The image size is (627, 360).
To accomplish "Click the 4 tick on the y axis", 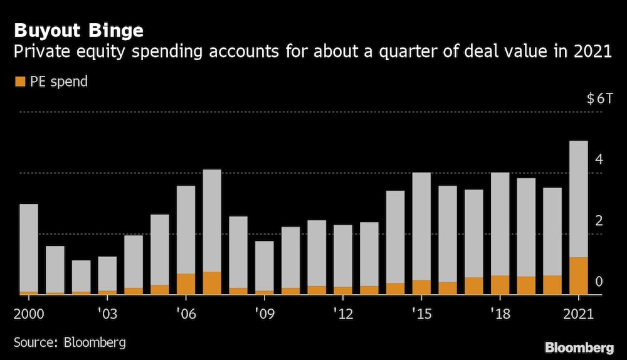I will click(x=599, y=159).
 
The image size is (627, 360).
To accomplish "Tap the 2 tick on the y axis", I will click(x=599, y=221).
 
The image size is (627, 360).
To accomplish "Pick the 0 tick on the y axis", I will click(x=599, y=282).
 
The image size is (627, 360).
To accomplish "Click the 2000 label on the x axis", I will click(x=28, y=312).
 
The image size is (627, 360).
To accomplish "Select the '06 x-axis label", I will click(x=186, y=312).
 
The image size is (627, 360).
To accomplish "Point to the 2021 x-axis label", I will click(x=578, y=312).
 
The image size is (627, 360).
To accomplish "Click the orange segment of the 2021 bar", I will click(x=578, y=276).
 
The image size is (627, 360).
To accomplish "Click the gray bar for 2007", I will click(x=212, y=220).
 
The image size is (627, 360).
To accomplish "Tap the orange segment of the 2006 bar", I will click(x=186, y=284).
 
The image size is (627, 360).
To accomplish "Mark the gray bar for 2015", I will click(x=421, y=226).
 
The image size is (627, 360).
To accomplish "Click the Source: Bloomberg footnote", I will click(x=70, y=342).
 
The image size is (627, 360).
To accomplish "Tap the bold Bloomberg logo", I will click(x=579, y=347).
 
